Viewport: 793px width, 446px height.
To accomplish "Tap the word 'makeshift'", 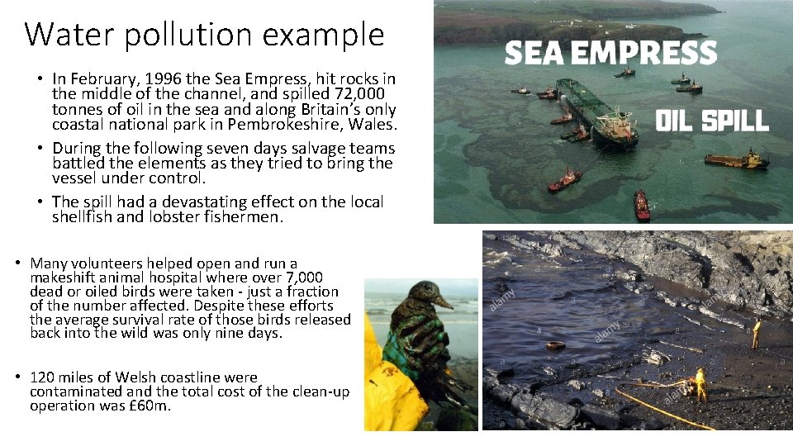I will [x=64, y=278].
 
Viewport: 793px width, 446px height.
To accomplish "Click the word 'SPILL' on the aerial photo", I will [x=734, y=121].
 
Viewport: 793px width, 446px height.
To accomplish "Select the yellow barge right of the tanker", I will [x=736, y=159].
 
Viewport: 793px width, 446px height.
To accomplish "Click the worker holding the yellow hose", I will [x=700, y=384].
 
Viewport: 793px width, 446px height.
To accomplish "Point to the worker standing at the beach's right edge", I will [x=755, y=333].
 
